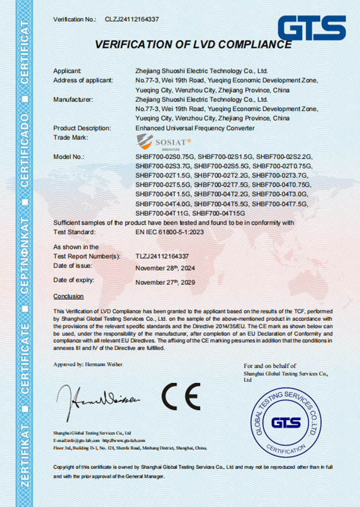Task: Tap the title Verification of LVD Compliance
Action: click(192, 44)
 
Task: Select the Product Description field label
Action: click(82, 128)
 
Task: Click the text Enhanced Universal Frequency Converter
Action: click(195, 128)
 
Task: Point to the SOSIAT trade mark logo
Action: click(159, 142)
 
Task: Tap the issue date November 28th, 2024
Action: click(165, 268)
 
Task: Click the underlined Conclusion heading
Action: click(68, 296)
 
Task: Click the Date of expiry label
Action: click(73, 280)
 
